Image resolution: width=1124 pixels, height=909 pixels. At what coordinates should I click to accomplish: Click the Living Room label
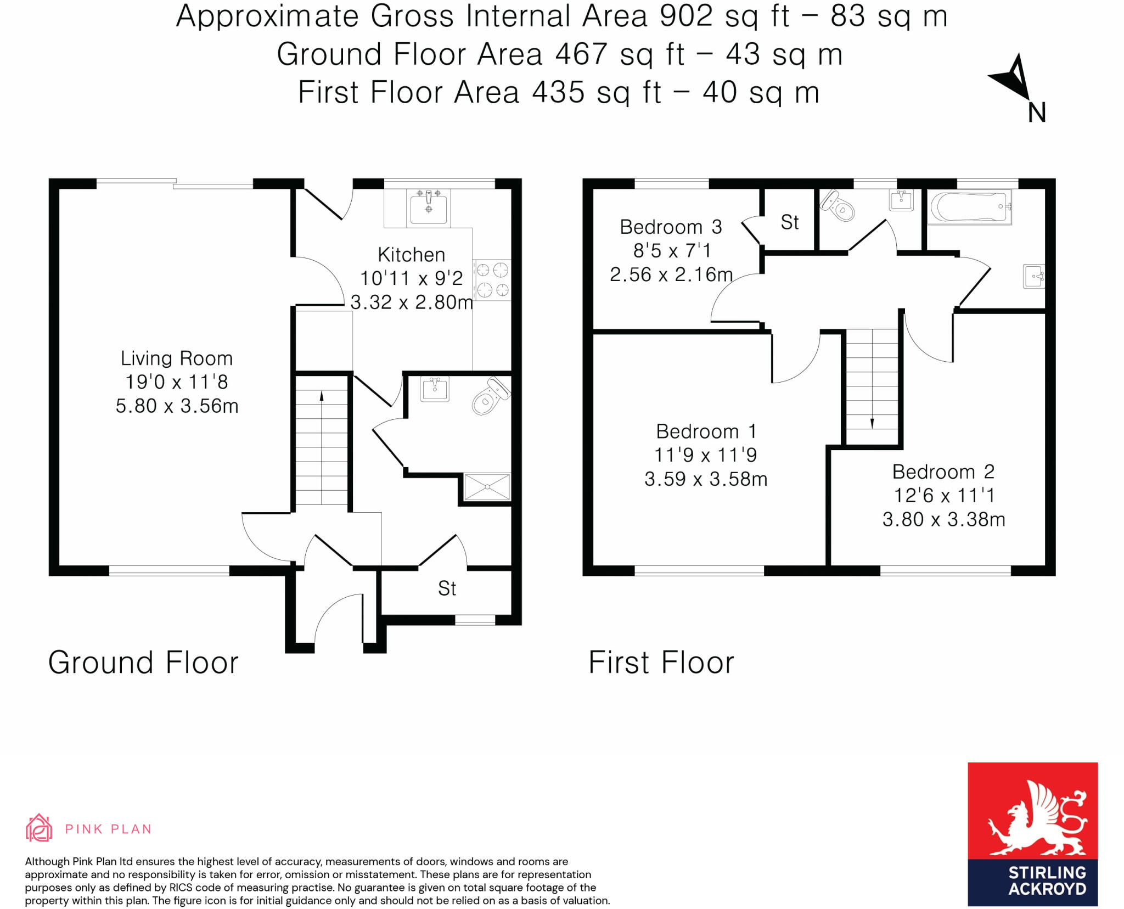(x=177, y=358)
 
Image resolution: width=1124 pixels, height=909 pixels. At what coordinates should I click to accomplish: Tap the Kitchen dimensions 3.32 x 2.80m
(x=412, y=302)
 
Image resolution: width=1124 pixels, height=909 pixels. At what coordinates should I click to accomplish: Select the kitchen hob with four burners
(x=492, y=279)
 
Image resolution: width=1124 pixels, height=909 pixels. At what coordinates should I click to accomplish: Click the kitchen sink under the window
(x=429, y=208)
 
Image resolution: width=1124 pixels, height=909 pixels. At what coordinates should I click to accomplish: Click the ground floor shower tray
(x=487, y=487)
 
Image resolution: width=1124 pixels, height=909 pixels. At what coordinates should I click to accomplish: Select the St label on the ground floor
(x=447, y=588)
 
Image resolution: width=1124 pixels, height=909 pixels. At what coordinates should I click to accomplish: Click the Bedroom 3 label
(x=671, y=227)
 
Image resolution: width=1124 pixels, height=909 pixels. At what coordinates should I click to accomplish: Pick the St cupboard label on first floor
(x=789, y=222)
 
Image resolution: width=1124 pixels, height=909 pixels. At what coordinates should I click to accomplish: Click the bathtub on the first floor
(x=969, y=207)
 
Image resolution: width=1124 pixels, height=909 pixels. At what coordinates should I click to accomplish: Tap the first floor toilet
(x=838, y=206)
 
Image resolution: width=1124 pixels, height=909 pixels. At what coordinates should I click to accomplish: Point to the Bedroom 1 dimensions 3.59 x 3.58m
(x=705, y=479)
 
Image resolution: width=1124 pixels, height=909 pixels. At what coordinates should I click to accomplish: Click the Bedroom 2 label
(x=943, y=472)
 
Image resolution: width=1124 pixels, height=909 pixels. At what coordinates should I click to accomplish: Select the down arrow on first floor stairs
(x=872, y=423)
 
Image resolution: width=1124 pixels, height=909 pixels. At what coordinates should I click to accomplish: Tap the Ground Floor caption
(x=143, y=663)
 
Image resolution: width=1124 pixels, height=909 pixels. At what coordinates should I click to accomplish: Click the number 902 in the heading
(x=686, y=16)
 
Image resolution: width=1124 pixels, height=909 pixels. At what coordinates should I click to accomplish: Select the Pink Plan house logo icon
(x=39, y=828)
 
